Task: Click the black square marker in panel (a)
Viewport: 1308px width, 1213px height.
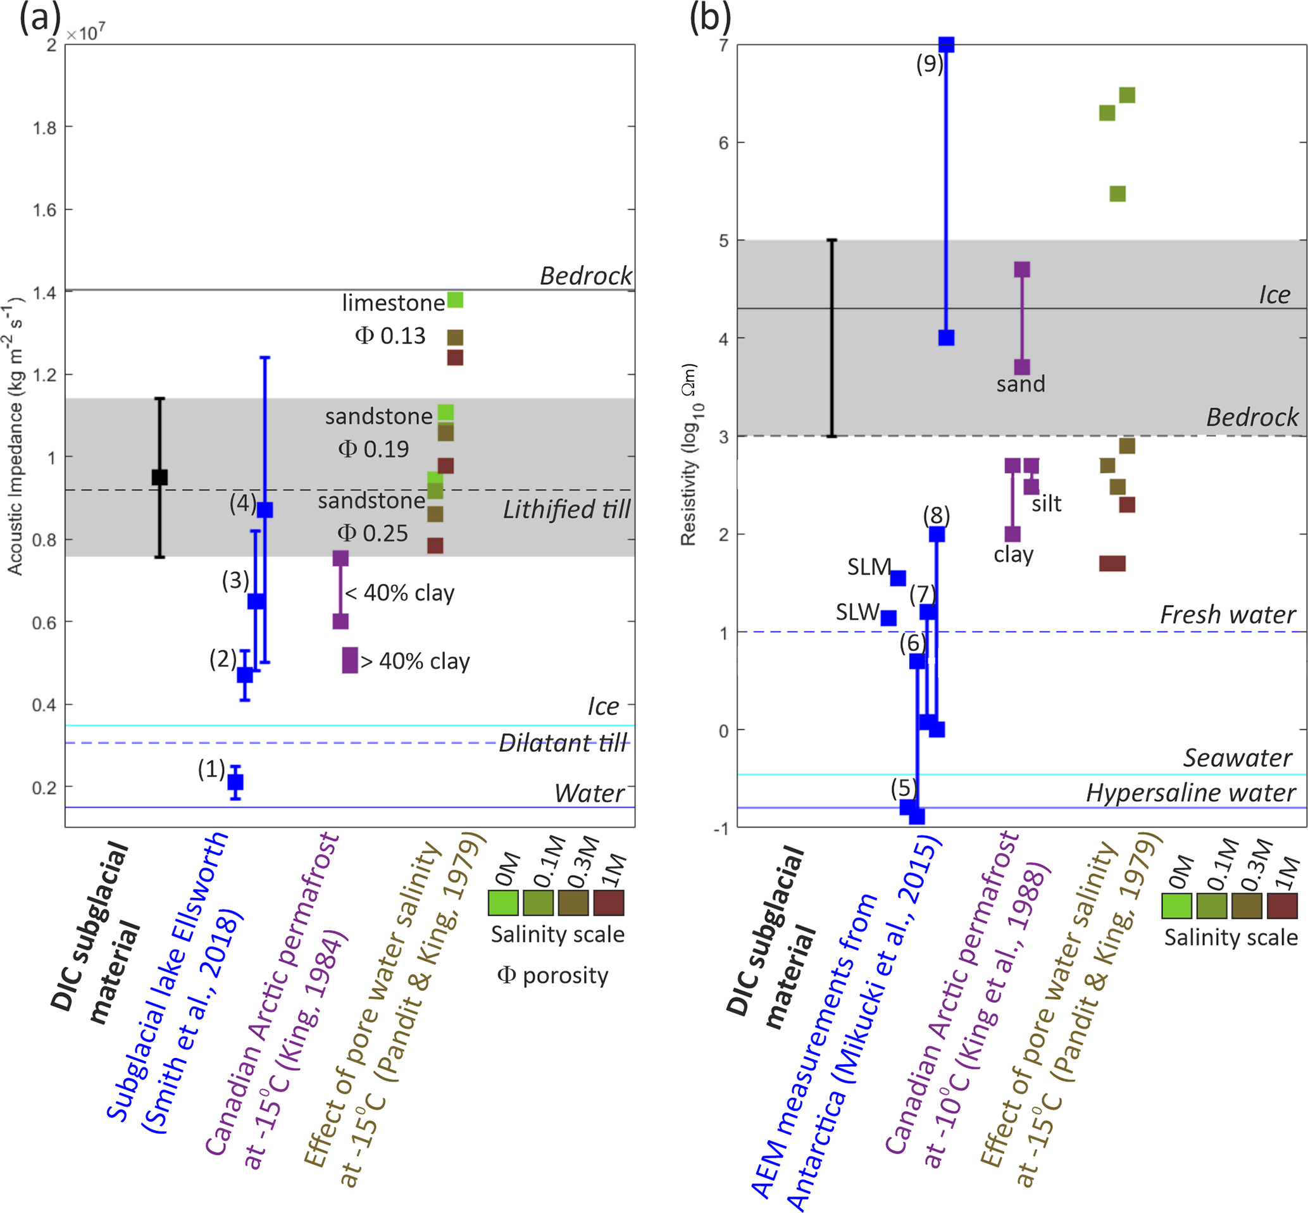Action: pos(159,477)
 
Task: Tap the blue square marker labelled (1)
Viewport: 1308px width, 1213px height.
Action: pos(235,781)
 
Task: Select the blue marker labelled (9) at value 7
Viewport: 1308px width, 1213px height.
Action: pos(946,45)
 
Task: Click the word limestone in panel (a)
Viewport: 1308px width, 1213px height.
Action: pos(393,302)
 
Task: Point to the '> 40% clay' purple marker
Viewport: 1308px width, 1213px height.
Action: pos(350,660)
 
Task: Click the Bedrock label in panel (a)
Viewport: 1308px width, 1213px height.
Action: pos(585,276)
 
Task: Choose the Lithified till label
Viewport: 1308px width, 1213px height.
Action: pos(566,509)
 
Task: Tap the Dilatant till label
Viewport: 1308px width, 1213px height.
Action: pos(563,743)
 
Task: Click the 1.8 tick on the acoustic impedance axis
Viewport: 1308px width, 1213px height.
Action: pos(45,128)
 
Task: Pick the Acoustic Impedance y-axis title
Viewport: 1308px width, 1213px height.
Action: pos(15,437)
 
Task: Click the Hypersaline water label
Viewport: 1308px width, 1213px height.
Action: pos(1190,793)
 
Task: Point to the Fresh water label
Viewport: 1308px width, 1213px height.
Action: pos(1227,615)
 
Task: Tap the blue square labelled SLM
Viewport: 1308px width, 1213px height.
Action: pos(898,578)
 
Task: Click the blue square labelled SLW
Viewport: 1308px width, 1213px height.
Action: pos(888,618)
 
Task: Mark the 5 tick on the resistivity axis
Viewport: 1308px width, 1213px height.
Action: pos(723,241)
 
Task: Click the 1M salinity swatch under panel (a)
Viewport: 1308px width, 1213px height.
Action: pos(607,903)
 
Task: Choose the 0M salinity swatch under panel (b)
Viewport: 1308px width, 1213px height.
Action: pos(1177,906)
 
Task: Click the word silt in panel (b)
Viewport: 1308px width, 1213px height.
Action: pos(1046,504)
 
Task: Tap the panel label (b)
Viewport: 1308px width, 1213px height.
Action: pos(709,18)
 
